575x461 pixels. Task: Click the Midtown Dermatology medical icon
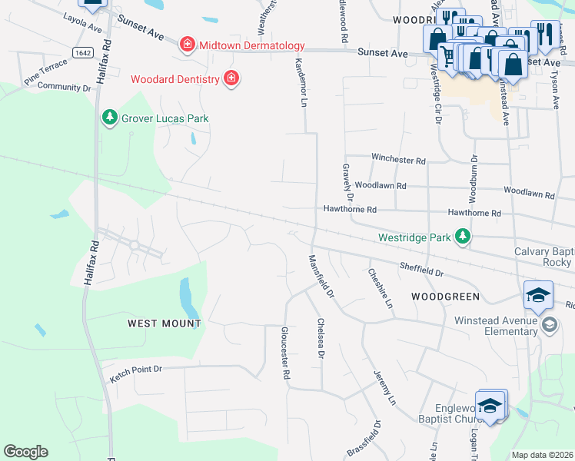pos(186,46)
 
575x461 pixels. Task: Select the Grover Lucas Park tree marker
pos(110,118)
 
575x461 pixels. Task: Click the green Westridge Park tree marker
pos(463,237)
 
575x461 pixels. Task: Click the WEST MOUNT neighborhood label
pos(165,323)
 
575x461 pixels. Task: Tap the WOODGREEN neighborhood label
pos(445,296)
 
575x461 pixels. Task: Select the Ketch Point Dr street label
pos(137,373)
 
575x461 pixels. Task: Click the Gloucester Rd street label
pos(284,353)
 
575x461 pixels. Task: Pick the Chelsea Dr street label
pos(321,339)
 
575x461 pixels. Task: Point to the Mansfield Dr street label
pos(321,277)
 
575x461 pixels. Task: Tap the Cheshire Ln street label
pos(381,287)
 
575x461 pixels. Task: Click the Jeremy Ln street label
pos(384,388)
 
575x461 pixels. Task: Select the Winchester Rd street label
pos(398,160)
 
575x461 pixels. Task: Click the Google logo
pos(25,452)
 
